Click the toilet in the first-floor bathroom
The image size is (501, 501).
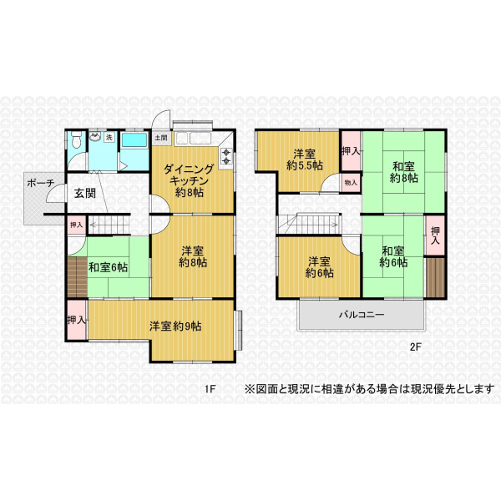(76, 140)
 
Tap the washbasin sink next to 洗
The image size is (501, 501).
(95, 137)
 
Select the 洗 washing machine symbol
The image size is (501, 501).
(109, 138)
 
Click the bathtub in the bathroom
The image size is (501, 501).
(134, 140)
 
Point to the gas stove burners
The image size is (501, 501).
(226, 156)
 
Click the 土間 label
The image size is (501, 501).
(161, 138)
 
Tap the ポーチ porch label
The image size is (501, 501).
(41, 183)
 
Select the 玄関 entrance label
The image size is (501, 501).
(85, 193)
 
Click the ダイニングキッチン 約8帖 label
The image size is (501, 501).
(189, 181)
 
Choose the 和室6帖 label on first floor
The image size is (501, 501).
(108, 267)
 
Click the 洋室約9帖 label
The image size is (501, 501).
(175, 326)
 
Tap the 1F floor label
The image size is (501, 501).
(210, 389)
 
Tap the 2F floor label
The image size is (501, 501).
(416, 347)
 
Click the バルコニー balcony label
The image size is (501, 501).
(362, 315)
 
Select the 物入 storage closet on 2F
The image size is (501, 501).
(351, 182)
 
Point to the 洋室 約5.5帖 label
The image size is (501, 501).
(305, 159)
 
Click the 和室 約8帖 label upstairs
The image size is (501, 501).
(404, 172)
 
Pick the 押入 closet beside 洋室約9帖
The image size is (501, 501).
(77, 320)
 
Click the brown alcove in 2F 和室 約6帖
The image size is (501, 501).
(435, 277)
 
